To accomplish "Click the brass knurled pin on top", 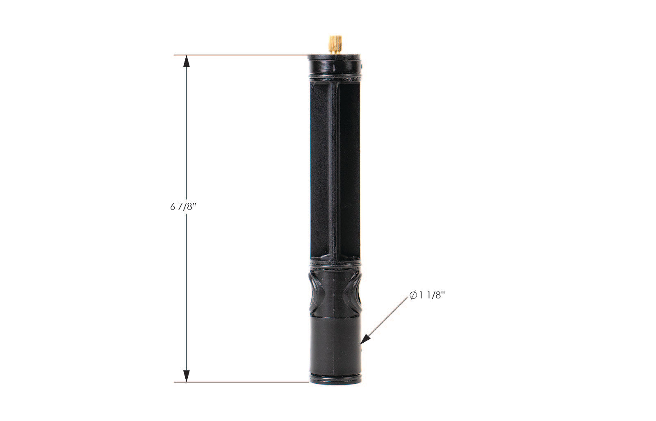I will pos(335,44).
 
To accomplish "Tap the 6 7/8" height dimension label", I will pos(184,207).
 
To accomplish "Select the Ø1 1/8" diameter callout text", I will pos(427,295).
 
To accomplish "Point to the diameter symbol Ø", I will pos(413,296).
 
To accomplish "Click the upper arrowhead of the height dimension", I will pos(187,61).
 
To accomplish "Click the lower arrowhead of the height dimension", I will pos(187,375).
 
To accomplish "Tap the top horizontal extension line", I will pos(242,55).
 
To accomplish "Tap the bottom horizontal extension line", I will pos(242,382).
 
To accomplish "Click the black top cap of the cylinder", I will pos(334,64).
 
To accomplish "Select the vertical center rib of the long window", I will pos(334,168).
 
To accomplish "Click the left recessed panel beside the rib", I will pos(320,168).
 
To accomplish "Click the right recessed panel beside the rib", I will pos(349,168).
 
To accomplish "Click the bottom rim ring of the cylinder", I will pos(335,379).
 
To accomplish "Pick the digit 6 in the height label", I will pos(172,207).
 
